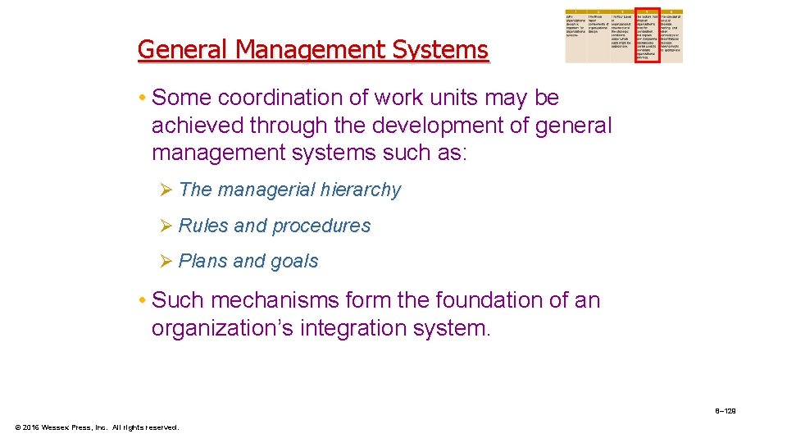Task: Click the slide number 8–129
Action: [x=725, y=410]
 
